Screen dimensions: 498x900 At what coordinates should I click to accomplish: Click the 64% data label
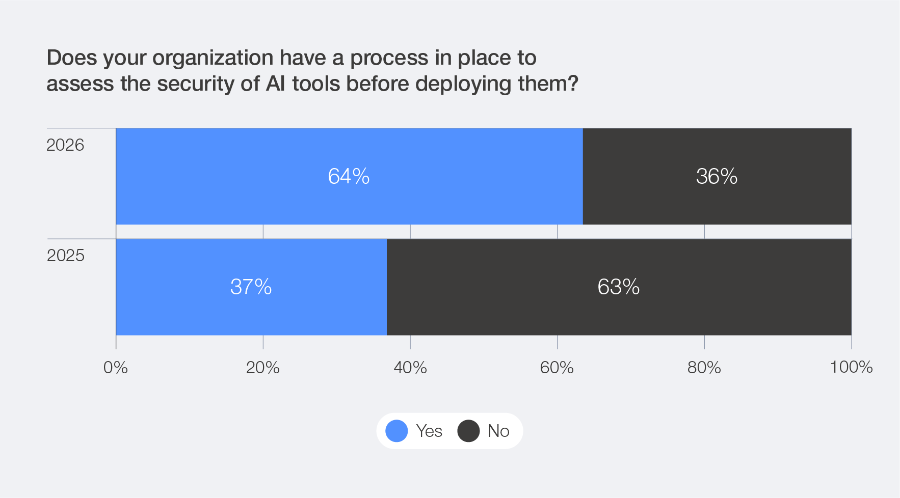349,176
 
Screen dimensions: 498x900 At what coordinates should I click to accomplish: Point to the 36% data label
717,176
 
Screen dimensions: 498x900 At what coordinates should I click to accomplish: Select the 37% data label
251,287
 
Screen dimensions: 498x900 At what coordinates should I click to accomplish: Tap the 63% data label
618,287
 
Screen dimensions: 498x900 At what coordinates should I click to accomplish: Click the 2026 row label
65,145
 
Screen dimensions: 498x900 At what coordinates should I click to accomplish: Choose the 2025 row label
65,255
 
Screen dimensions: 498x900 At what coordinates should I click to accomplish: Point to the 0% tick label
116,367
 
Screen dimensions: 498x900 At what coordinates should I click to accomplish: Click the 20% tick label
263,367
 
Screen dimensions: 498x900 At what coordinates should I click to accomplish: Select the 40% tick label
410,367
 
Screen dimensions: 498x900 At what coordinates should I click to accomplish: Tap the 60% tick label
557,367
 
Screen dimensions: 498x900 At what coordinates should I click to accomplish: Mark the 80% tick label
704,367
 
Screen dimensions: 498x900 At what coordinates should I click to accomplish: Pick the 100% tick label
851,367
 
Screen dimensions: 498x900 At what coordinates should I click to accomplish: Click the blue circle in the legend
396,431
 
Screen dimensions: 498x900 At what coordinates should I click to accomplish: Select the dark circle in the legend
468,431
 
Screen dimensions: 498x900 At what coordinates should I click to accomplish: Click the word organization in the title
213,58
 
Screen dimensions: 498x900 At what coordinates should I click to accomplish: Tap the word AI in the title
276,84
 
